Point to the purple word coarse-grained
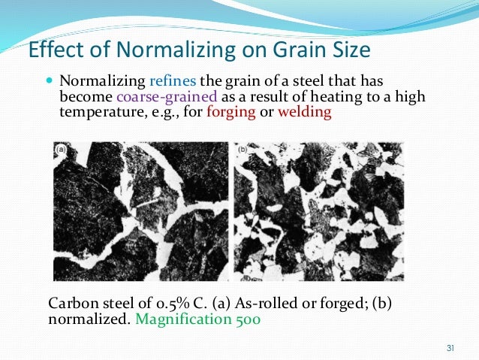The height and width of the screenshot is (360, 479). [167, 97]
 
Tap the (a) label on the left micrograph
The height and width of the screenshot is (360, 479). [61, 150]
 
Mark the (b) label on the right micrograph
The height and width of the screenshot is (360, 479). [243, 150]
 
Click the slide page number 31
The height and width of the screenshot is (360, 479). [450, 346]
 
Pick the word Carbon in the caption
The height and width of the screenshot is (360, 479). [69, 304]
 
